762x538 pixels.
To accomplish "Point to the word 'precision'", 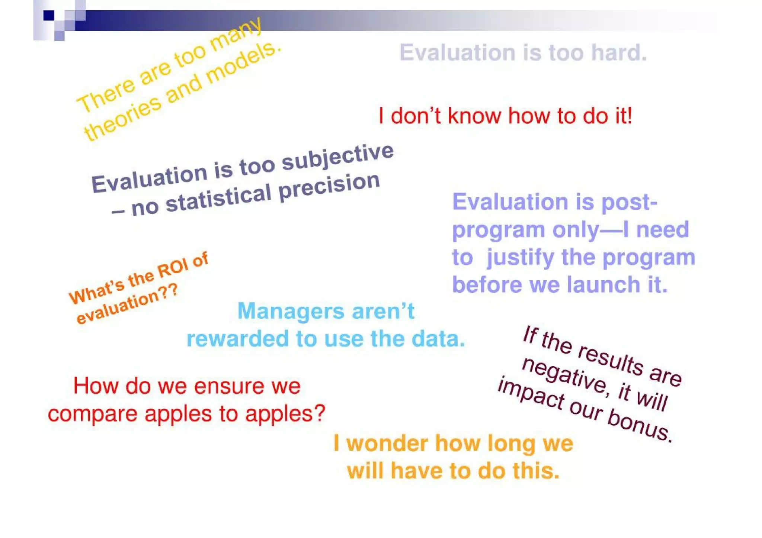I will (x=329, y=187).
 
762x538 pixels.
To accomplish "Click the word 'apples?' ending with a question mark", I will (x=285, y=413).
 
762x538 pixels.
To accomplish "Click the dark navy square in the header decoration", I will (x=49, y=15).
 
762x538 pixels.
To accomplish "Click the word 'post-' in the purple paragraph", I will (x=629, y=202).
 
